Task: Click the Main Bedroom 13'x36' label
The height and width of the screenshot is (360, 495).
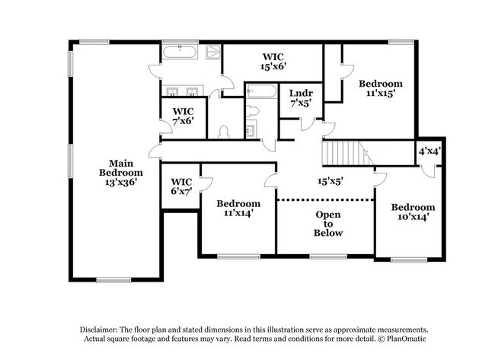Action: [117, 173]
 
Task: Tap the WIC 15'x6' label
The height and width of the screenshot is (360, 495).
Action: [273, 62]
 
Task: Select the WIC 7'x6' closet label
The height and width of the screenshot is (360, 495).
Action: [183, 116]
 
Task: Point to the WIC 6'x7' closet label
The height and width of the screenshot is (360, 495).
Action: [180, 186]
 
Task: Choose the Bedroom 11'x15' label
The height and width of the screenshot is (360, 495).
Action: [380, 89]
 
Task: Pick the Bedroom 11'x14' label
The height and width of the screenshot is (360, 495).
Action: [238, 209]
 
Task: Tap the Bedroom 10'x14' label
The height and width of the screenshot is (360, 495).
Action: [413, 212]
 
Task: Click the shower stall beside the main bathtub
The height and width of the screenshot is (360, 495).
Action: [213, 53]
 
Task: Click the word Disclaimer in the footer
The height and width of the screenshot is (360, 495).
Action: [101, 329]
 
